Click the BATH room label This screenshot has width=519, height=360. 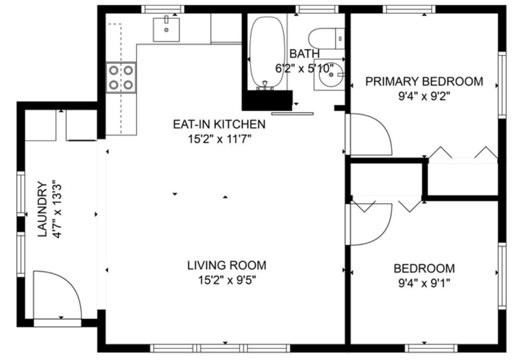tap(304, 54)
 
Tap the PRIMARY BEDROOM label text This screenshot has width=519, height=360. tap(424, 82)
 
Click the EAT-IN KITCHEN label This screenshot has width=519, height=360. tap(219, 124)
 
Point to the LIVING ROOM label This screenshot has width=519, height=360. tap(227, 265)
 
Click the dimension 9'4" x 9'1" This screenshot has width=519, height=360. tap(424, 282)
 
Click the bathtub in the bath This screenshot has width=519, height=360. tap(267, 52)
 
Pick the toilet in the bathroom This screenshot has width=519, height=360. tap(325, 38)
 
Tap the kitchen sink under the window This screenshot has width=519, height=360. tap(167, 29)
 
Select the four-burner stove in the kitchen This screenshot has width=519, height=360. tap(121, 77)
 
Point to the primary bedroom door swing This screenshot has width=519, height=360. tap(370, 135)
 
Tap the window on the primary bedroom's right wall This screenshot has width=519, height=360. tap(502, 84)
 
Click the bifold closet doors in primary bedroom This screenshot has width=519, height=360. tap(463, 154)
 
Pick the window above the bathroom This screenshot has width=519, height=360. tap(317, 9)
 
